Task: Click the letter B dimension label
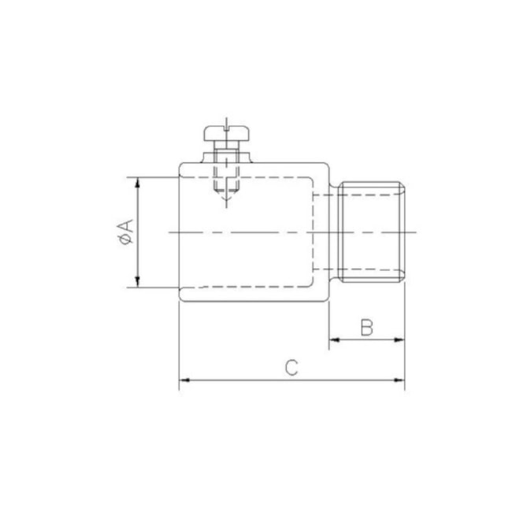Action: click(x=366, y=328)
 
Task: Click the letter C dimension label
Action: click(x=291, y=367)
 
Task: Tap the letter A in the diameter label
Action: click(x=124, y=227)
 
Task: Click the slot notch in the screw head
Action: click(x=225, y=126)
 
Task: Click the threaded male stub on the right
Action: click(x=372, y=232)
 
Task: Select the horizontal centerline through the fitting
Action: click(x=260, y=232)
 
